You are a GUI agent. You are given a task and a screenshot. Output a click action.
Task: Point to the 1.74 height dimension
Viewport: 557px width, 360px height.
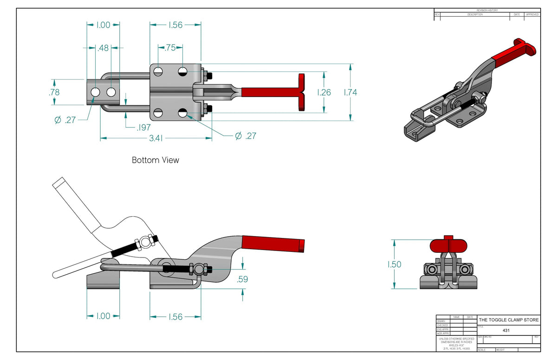(350, 92)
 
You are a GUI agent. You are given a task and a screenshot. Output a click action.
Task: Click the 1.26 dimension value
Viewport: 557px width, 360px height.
(324, 92)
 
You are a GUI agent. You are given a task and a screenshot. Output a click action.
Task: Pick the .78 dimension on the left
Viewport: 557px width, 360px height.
(54, 92)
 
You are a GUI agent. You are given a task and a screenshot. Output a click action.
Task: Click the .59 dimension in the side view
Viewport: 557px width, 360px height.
(242, 279)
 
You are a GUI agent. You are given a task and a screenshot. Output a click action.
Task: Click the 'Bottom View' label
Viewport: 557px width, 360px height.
(155, 160)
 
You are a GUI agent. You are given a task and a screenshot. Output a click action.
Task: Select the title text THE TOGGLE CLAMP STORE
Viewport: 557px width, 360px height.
(509, 320)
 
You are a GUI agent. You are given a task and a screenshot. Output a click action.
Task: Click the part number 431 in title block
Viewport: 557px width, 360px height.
(506, 330)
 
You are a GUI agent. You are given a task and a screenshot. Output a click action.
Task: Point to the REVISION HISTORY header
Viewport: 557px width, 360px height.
(487, 10)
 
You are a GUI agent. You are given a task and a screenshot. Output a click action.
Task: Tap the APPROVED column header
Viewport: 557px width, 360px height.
(532, 14)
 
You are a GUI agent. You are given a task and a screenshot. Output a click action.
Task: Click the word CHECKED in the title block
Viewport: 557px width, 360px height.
(442, 325)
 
